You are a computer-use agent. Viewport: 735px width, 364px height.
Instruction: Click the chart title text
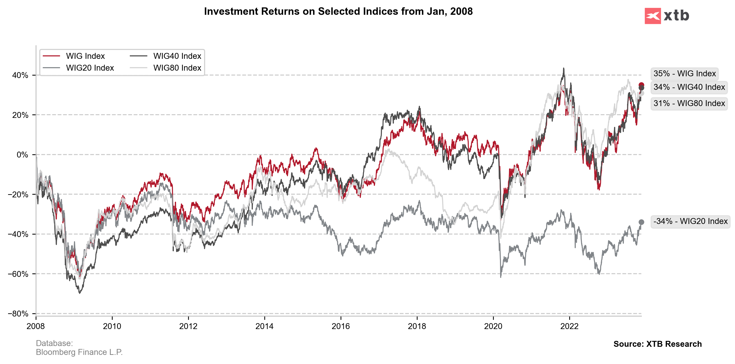pos(338,11)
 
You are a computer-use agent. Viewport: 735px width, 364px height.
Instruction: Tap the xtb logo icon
pos(653,16)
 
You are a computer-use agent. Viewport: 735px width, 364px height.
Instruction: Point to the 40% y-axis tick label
pos(20,75)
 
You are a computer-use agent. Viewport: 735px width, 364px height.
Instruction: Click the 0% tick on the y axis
pos(22,155)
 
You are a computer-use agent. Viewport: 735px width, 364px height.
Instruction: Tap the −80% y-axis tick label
pos(18,314)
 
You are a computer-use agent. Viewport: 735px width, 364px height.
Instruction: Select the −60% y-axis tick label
pos(18,274)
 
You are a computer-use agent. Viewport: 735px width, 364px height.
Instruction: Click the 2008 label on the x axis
pos(36,326)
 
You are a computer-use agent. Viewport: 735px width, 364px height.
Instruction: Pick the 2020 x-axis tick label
pos(493,326)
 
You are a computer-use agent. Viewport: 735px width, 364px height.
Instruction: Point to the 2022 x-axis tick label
pos(569,326)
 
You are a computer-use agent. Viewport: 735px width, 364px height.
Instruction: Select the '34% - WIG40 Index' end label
pos(689,87)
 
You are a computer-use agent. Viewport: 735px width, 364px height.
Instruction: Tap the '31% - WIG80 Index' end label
pos(689,103)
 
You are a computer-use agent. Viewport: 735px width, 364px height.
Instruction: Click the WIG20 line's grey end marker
pos(641,222)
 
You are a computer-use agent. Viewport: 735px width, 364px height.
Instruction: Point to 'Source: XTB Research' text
pos(657,344)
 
